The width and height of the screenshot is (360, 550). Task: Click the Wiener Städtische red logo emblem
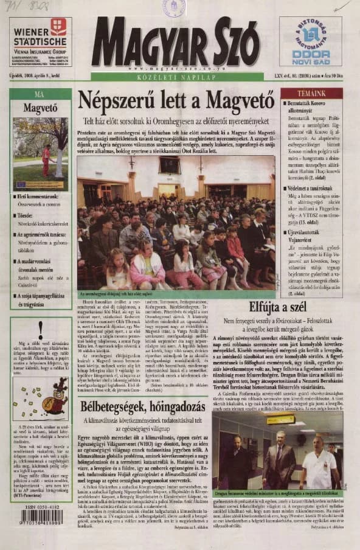[x=58, y=26]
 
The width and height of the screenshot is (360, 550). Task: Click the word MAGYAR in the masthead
[x=147, y=46]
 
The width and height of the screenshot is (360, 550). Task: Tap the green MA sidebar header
[x=40, y=94]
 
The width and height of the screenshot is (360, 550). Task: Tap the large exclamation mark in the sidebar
[x=41, y=329]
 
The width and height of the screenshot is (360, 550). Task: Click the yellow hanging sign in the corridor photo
[x=280, y=420]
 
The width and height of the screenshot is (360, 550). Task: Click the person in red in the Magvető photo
[x=46, y=159]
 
